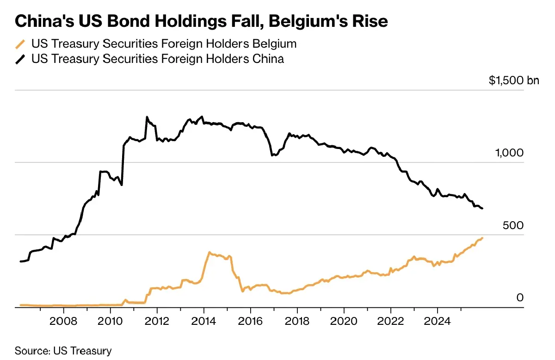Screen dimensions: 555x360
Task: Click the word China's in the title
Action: tap(44, 21)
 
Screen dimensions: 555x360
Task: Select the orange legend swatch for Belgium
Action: tap(20, 44)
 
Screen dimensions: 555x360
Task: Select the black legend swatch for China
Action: tap(20, 60)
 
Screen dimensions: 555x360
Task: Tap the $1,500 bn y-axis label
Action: tap(514, 81)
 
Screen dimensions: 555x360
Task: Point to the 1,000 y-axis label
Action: tap(509, 153)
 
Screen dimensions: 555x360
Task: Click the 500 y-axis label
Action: tap(513, 225)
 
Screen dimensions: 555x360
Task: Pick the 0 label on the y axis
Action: tap(520, 298)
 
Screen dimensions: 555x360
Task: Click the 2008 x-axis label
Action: tap(63, 321)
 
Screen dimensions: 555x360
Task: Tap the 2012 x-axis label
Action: tap(157, 321)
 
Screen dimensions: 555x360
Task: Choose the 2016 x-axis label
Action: tap(250, 321)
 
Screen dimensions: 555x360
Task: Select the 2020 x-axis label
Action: tap(344, 321)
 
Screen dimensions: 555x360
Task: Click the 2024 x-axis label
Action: tap(438, 321)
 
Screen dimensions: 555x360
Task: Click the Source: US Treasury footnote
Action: tap(63, 351)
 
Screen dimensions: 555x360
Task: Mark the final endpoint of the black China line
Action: tap(482, 208)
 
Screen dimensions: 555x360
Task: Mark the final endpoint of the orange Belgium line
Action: tap(482, 238)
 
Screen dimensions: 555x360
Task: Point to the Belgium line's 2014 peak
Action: tap(210, 252)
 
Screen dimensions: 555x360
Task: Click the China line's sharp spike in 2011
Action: tap(147, 117)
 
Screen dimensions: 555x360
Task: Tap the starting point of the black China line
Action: tap(20, 261)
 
